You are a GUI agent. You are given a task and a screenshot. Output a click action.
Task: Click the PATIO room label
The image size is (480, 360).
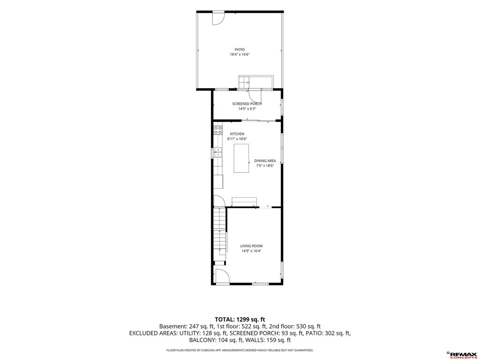(240, 50)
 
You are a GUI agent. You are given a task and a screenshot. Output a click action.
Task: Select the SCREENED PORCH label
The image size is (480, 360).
(247, 104)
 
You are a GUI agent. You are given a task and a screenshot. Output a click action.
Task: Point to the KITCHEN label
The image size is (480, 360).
(237, 134)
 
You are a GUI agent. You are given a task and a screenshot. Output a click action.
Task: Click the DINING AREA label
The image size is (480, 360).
(265, 161)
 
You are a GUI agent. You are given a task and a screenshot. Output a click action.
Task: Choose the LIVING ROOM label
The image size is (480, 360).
(251, 246)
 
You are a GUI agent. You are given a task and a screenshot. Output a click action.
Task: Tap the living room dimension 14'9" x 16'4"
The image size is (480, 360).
(251, 251)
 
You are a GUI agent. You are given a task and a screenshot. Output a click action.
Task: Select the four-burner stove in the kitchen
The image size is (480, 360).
(218, 130)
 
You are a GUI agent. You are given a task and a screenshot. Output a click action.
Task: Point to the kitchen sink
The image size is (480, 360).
(218, 152)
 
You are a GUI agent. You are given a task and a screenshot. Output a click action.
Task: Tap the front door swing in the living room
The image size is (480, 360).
(222, 276)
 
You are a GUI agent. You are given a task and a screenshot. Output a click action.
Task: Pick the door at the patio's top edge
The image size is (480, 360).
(218, 18)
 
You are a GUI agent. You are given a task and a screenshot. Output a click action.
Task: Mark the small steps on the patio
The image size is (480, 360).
(244, 82)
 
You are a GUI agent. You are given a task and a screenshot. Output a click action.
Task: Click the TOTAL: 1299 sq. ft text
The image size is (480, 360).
(240, 320)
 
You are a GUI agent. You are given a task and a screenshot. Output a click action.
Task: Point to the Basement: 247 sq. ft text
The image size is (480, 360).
(187, 326)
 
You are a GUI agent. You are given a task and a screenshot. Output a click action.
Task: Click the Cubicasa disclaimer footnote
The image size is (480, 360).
(240, 350)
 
